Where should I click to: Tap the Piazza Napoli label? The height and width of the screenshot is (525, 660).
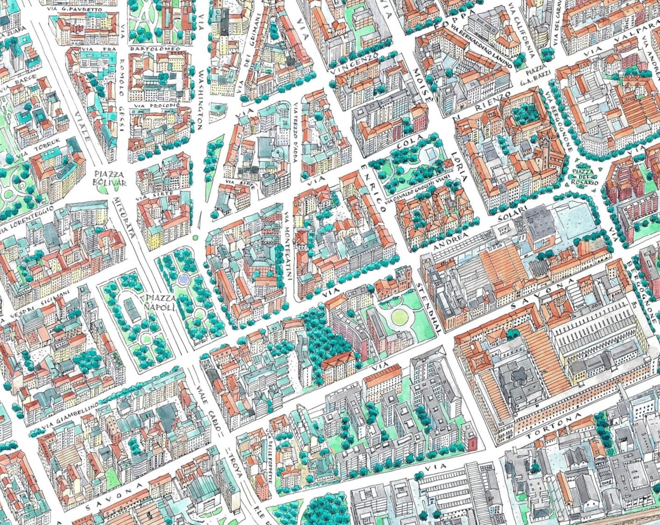[158, 303]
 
